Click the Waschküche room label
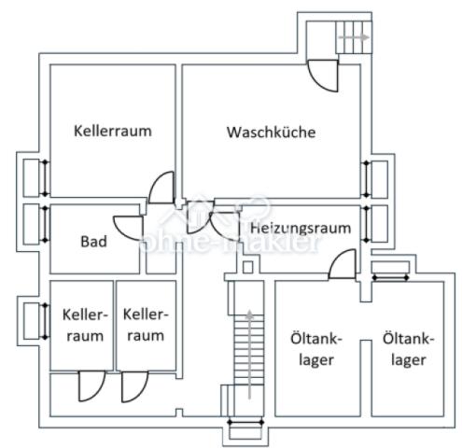point(271,132)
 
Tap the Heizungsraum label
point(300,228)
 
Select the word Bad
point(93,242)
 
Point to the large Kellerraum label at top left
point(112,131)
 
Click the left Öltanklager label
point(307,350)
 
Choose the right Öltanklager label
point(404,350)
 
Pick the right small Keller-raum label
point(145,325)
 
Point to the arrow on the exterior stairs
point(352,37)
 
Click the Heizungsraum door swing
point(342,264)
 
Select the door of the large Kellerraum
point(161,187)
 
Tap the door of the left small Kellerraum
point(91,385)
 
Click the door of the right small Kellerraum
point(133,385)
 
